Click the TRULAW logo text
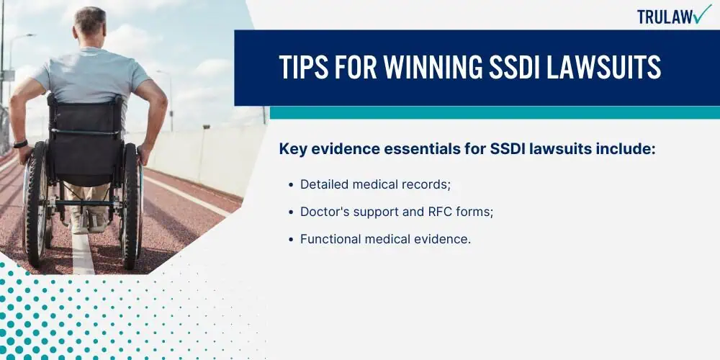pyautogui.click(x=665, y=17)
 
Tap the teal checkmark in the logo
pyautogui.click(x=702, y=14)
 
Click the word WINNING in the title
pyautogui.click(x=431, y=68)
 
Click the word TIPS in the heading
pyautogui.click(x=304, y=68)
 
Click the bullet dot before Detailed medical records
pyautogui.click(x=291, y=185)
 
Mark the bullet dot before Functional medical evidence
pyautogui.click(x=291, y=240)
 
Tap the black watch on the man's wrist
pyautogui.click(x=20, y=144)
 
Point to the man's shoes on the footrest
pyautogui.click(x=89, y=221)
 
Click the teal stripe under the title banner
pyautogui.click(x=495, y=113)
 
